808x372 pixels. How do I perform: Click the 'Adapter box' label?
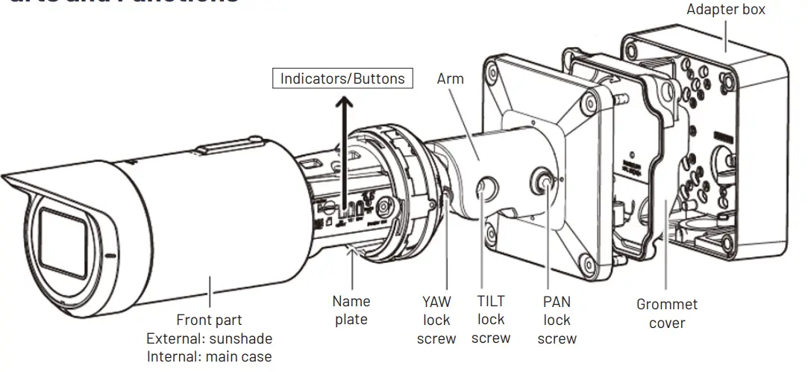point(725,10)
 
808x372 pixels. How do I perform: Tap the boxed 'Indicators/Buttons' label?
point(342,78)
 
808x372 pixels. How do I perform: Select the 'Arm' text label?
point(450,79)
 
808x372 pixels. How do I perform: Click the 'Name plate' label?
point(351,310)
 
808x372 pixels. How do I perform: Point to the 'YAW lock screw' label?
point(436,320)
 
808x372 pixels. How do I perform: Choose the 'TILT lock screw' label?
point(491,319)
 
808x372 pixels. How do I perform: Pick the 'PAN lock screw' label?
point(557,320)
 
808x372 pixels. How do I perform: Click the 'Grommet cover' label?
point(667,314)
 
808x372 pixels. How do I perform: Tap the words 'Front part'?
point(209,320)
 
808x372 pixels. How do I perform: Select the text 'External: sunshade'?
point(209,338)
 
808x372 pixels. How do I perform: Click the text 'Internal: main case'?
point(209,356)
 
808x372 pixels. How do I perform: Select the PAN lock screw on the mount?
point(542,182)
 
